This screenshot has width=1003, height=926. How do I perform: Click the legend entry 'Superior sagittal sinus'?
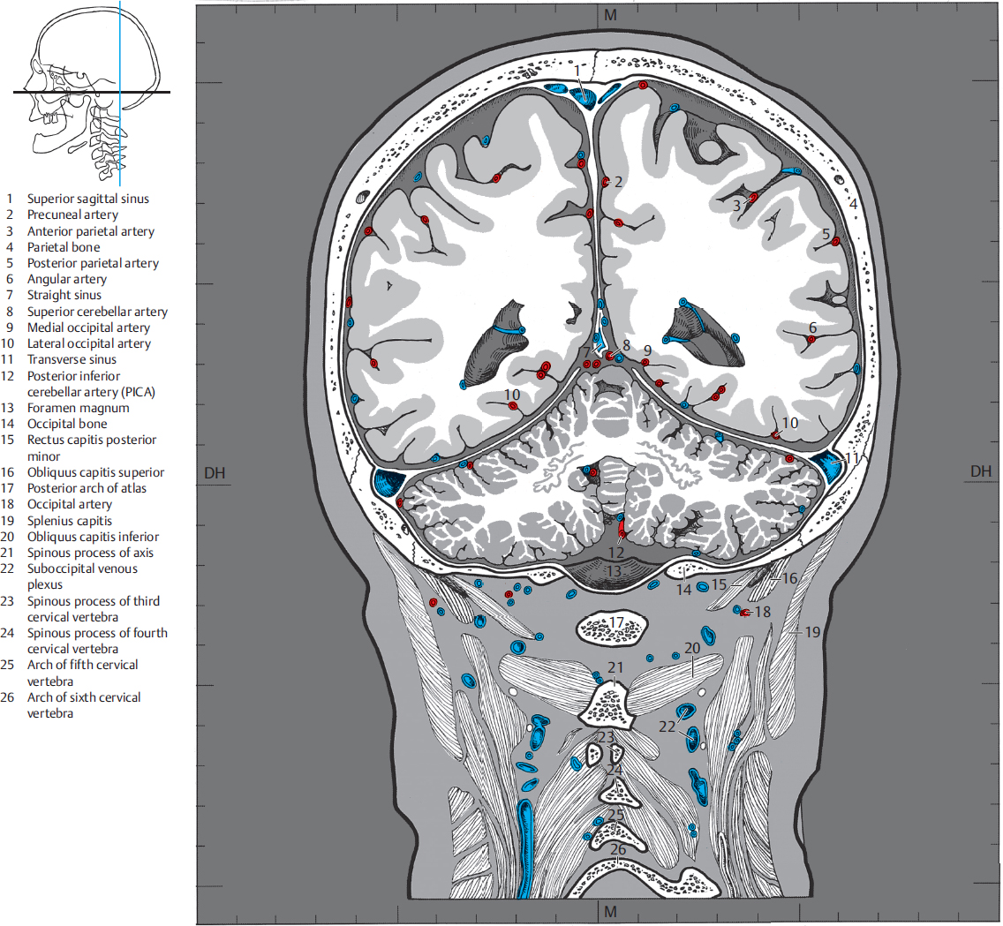point(87,199)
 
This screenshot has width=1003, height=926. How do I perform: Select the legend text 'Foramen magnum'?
point(78,408)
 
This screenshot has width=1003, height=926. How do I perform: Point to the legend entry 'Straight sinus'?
point(64,295)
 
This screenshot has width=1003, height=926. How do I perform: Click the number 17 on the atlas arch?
point(615,624)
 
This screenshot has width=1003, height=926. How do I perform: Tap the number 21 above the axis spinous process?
point(615,668)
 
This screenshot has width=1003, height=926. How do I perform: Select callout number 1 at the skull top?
point(577,70)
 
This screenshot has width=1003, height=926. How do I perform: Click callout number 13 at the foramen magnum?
point(613,573)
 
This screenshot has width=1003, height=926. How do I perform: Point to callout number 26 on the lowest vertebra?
point(618,849)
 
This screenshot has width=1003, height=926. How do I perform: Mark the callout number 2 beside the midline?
point(618,183)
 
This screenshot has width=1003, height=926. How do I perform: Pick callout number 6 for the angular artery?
point(812,327)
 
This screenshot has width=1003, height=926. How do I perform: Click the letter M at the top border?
point(610,15)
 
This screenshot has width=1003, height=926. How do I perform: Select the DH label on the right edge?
point(980,471)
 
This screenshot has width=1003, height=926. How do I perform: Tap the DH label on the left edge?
point(215,472)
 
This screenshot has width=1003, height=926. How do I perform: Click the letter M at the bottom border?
point(610,911)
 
